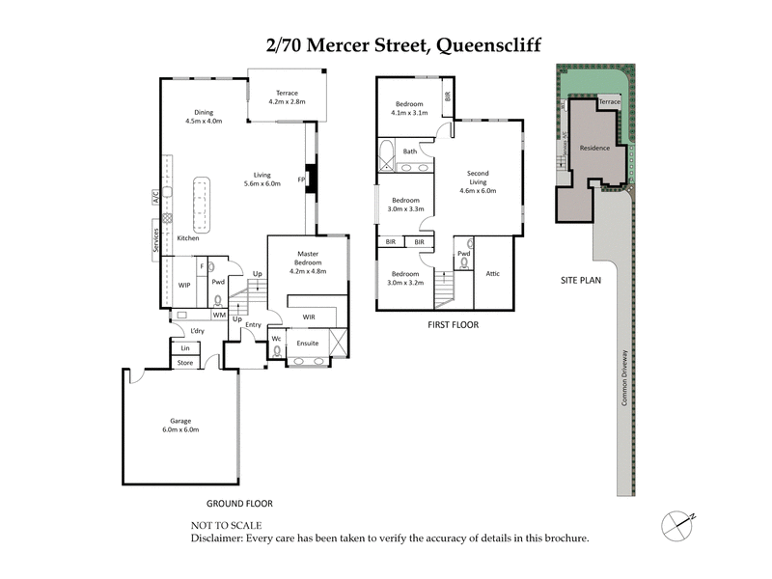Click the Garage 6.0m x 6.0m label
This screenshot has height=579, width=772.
(179, 426)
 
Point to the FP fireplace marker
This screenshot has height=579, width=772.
(301, 179)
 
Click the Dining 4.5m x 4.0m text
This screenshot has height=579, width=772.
(204, 118)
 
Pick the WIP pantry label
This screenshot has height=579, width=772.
(184, 286)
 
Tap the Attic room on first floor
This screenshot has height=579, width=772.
(492, 273)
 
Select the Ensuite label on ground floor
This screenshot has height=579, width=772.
(308, 343)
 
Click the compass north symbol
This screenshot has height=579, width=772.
(677, 524)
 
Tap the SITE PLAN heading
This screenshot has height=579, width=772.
(581, 280)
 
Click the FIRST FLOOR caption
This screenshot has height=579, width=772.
(453, 325)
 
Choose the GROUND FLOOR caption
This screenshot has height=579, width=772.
(239, 504)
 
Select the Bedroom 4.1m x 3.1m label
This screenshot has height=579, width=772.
(408, 108)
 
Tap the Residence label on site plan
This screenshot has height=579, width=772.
(595, 149)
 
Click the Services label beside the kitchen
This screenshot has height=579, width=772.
(154, 238)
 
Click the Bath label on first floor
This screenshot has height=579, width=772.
(410, 152)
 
